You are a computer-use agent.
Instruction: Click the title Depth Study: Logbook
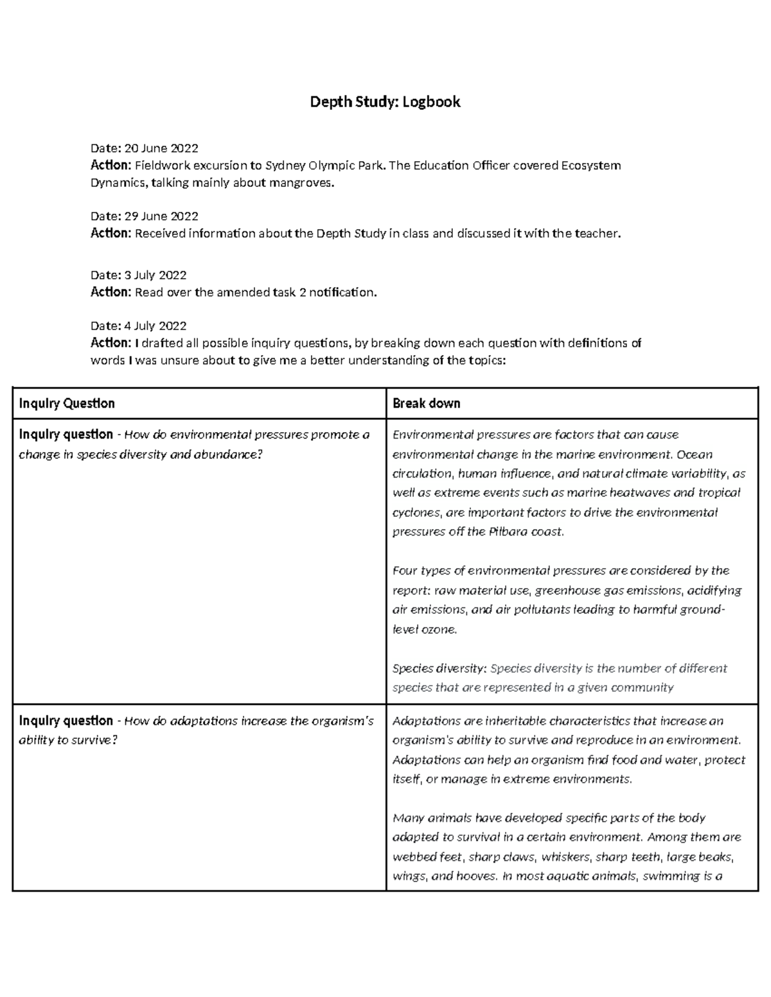385,101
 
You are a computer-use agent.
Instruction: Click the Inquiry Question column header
67,403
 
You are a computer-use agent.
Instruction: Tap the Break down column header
426,403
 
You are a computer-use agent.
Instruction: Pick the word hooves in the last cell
475,876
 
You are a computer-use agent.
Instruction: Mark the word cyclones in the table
416,512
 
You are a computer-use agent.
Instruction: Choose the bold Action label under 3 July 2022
111,292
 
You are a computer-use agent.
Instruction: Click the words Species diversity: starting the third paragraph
439,668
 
